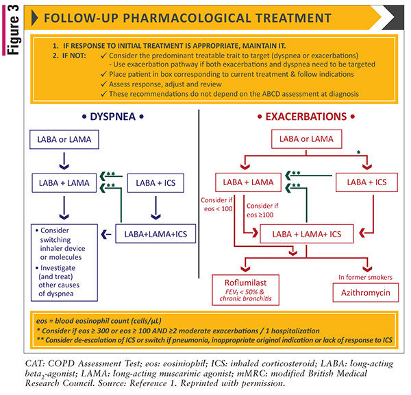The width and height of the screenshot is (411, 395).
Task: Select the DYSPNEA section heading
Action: click(112, 116)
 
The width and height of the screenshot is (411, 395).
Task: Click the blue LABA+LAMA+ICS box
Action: click(156, 234)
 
